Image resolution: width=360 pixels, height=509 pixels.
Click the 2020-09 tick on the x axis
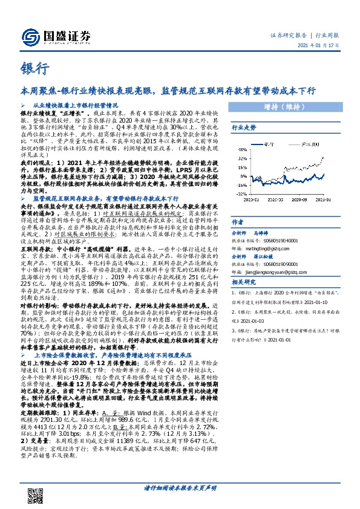click(x=299, y=199)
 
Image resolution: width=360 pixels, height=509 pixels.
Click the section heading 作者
click(x=237, y=222)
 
